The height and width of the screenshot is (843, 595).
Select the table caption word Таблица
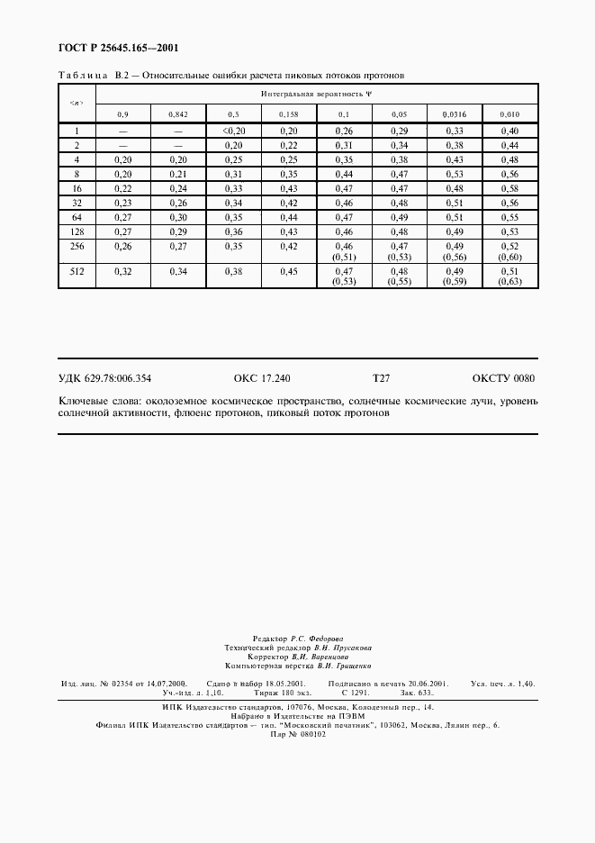click(x=83, y=75)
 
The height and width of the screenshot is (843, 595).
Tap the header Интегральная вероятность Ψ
click(x=316, y=94)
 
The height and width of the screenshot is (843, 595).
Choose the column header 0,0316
click(x=455, y=115)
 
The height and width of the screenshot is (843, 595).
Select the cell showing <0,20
click(x=233, y=131)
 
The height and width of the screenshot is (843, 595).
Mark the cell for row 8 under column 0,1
click(x=344, y=174)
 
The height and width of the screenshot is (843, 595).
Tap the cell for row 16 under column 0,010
click(x=509, y=188)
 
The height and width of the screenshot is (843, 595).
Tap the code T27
click(x=381, y=379)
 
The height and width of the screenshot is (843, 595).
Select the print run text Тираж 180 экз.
click(x=275, y=693)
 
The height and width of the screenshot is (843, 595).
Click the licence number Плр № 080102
click(x=297, y=734)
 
